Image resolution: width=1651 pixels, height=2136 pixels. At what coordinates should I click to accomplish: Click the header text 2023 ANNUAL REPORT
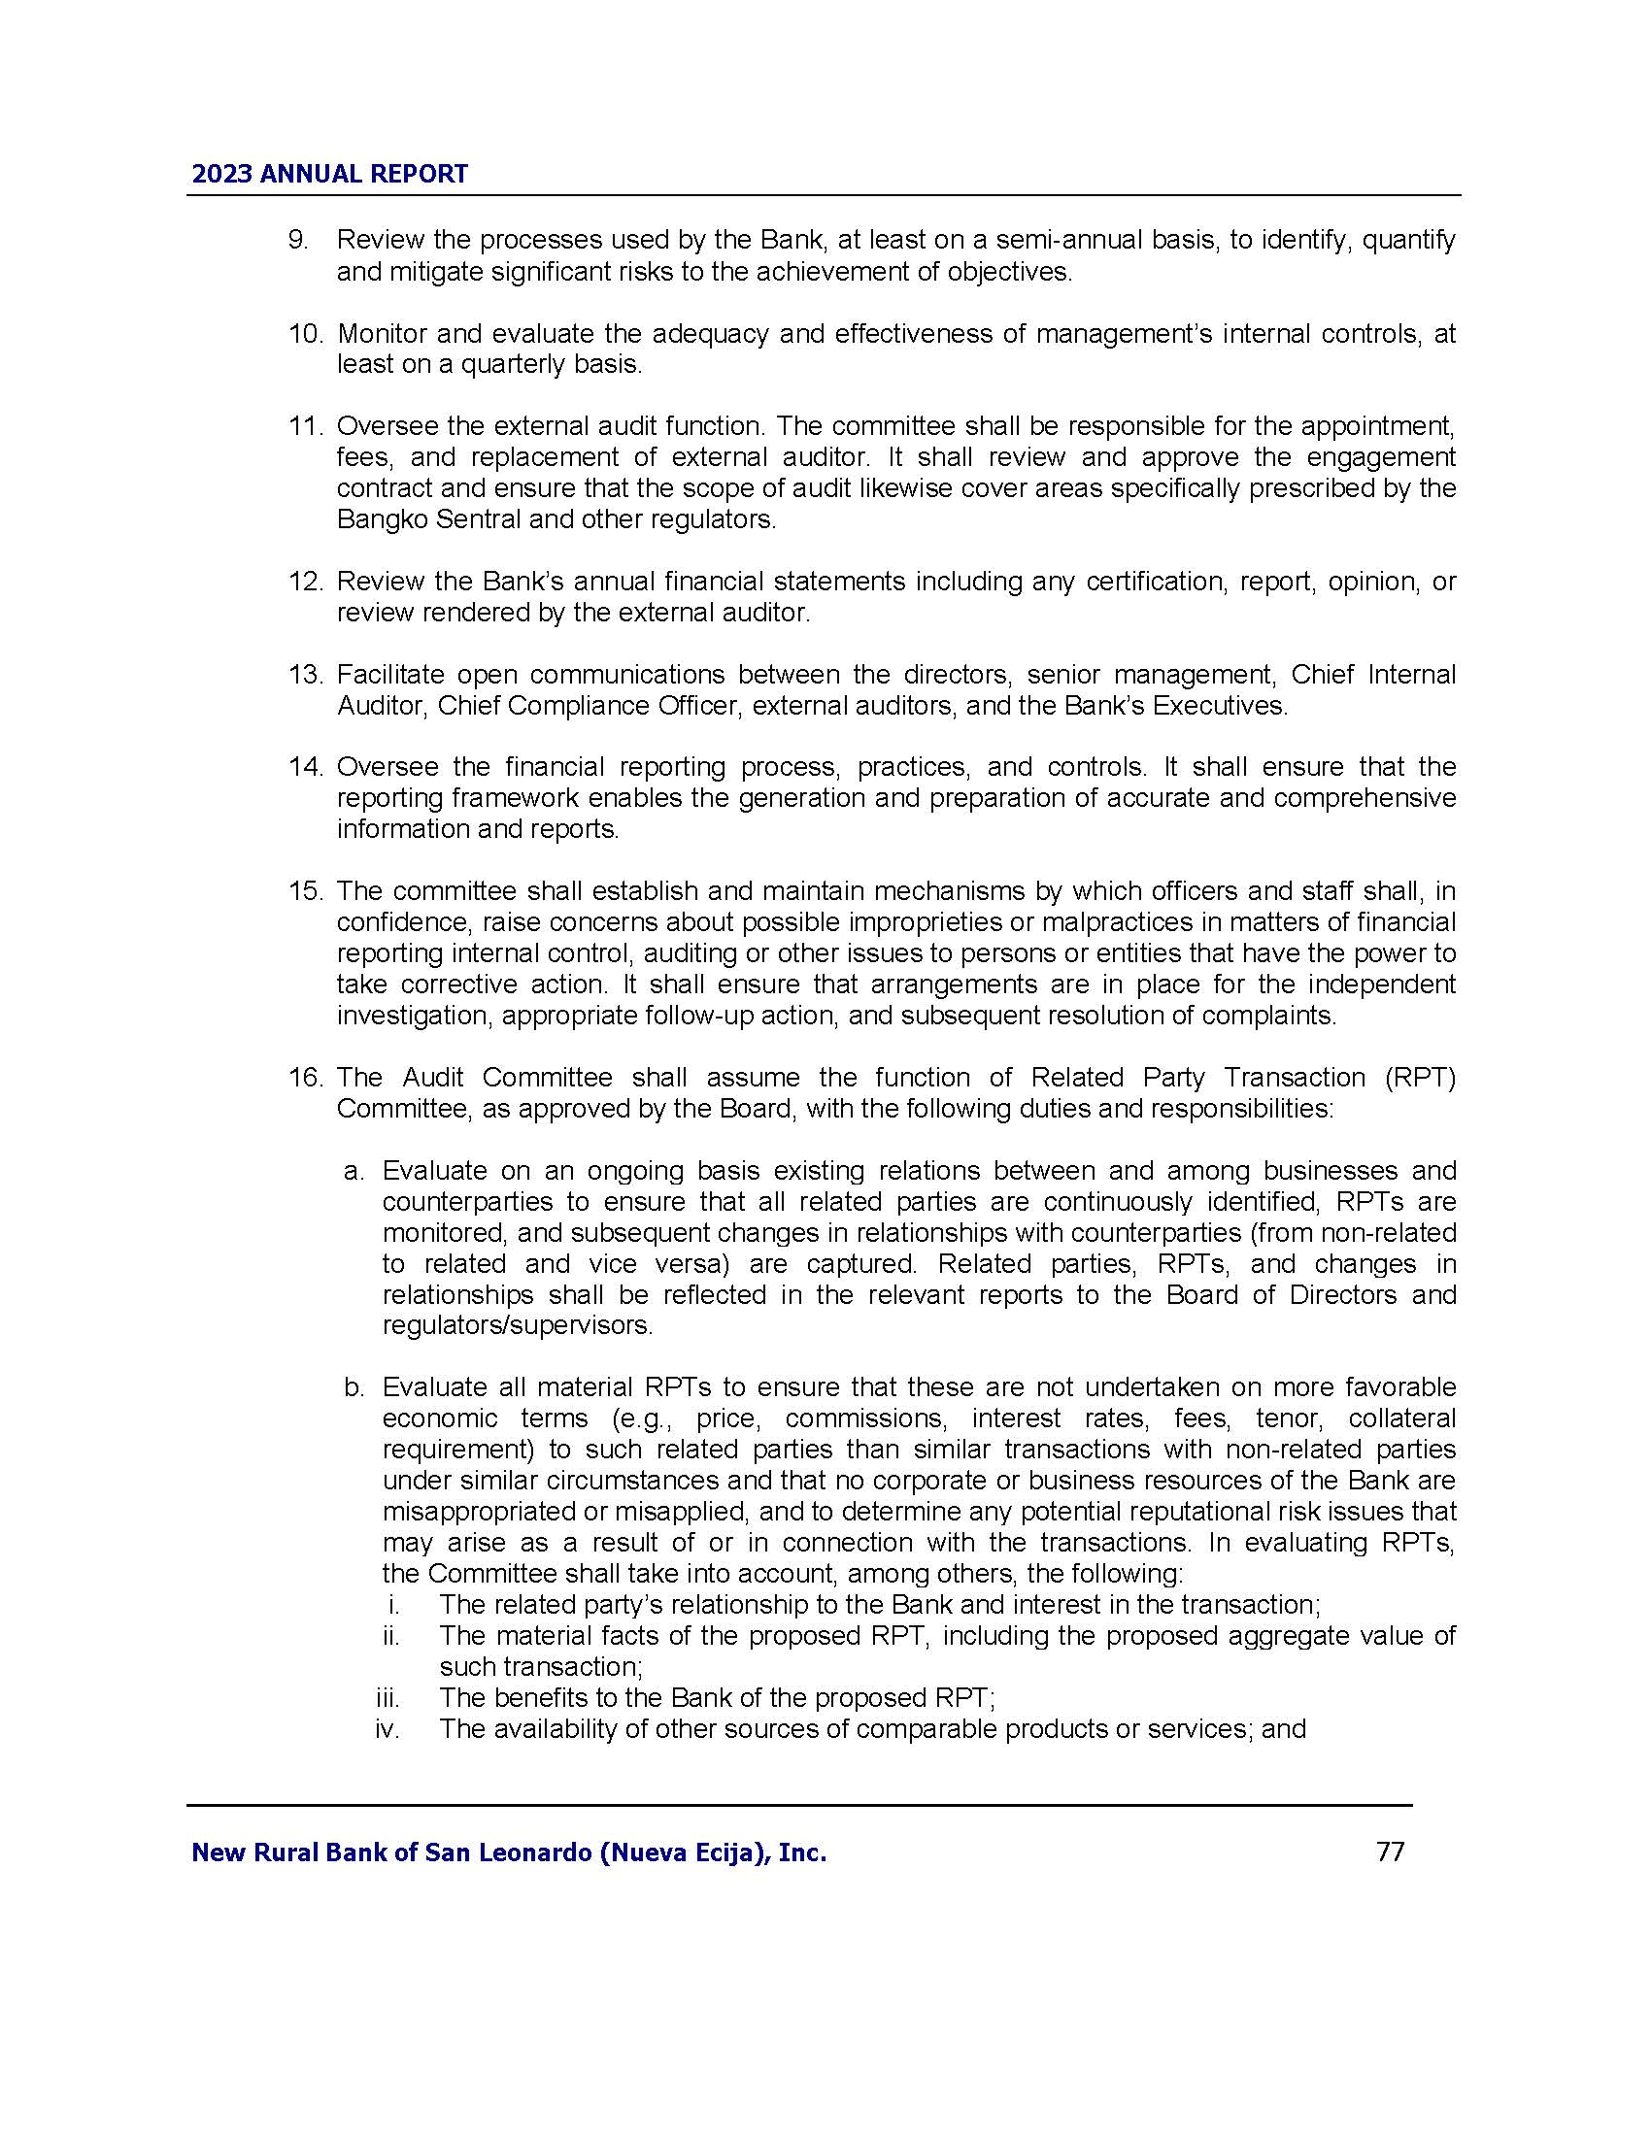[x=329, y=174]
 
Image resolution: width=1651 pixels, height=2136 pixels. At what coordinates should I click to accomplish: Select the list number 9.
[x=297, y=241]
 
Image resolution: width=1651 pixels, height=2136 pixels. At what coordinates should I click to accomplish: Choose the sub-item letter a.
[x=354, y=1171]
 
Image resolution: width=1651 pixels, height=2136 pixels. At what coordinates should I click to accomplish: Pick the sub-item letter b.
[x=354, y=1387]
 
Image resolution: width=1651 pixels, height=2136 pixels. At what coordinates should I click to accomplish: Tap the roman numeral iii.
[x=387, y=1698]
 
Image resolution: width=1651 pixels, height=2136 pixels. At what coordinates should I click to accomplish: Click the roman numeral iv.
[x=387, y=1729]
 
